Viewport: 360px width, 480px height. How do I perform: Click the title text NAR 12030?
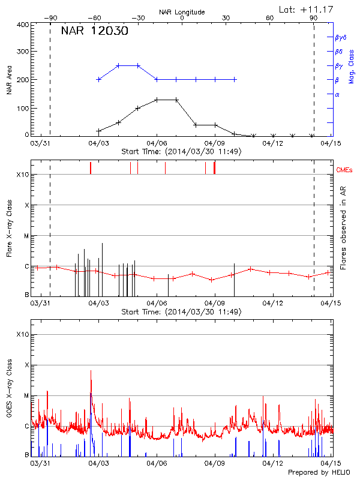pos(94,32)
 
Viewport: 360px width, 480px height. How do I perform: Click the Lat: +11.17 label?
pos(307,9)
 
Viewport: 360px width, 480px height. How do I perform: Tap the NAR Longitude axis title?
pos(182,12)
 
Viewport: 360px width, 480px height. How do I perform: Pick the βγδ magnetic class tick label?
pos(340,37)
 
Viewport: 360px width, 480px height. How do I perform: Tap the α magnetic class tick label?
pos(337,95)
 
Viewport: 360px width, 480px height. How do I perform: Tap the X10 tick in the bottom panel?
pos(23,334)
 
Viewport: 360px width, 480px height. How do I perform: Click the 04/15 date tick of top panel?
pos(329,144)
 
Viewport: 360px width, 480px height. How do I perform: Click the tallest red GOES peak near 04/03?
pos(91,371)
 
